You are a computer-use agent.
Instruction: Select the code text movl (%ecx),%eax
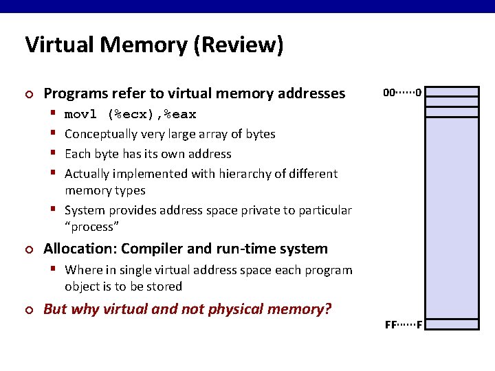130,114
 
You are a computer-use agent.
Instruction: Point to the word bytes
260,134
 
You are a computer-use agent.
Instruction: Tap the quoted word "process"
92,227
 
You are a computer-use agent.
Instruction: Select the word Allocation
78,249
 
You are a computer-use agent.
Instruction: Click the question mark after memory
327,309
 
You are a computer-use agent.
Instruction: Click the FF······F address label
403,324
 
